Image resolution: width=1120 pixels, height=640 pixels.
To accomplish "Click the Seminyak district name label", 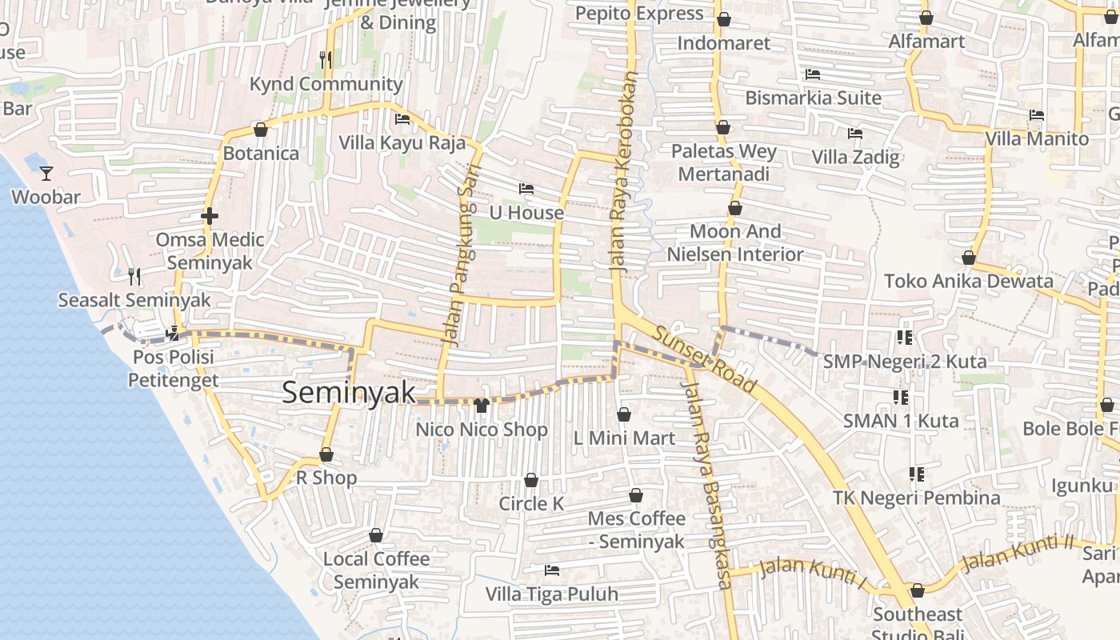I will pyautogui.click(x=349, y=392).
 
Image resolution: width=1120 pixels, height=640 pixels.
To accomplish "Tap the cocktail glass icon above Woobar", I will pyautogui.click(x=46, y=173).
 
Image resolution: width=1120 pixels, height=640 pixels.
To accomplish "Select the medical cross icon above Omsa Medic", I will pyautogui.click(x=210, y=216).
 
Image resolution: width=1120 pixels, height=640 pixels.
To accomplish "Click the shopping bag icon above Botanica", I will pyautogui.click(x=260, y=130).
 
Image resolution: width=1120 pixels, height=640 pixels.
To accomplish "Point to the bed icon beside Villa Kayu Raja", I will pyautogui.click(x=402, y=119).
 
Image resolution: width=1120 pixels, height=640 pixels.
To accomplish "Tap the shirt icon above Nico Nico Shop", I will pyautogui.click(x=481, y=406).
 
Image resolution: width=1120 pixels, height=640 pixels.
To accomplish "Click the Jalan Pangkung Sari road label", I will pyautogui.click(x=458, y=254).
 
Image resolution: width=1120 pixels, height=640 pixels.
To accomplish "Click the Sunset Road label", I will pyautogui.click(x=704, y=360).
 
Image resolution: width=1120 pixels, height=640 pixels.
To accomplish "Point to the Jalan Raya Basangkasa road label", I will pyautogui.click(x=706, y=484).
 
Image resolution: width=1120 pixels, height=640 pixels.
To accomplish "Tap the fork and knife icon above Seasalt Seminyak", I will pyautogui.click(x=134, y=277).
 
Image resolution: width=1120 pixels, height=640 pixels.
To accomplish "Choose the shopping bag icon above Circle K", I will pyautogui.click(x=531, y=481).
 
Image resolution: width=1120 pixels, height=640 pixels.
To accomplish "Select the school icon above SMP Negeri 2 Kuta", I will pyautogui.click(x=905, y=338).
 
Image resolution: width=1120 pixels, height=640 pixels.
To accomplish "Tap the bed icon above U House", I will pyautogui.click(x=526, y=189).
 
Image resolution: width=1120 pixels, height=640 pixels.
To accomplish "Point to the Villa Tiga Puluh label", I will pyautogui.click(x=552, y=594).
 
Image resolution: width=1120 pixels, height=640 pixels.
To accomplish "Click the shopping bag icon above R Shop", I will pyautogui.click(x=326, y=455).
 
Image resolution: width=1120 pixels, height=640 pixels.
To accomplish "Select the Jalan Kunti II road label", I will pyautogui.click(x=1017, y=554).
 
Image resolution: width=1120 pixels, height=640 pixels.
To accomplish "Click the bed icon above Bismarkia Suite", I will pyautogui.click(x=813, y=74).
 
